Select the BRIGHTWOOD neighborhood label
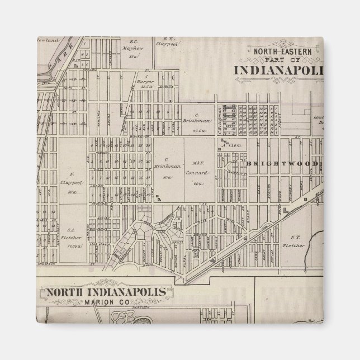(283, 164)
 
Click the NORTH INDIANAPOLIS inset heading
(106, 292)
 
